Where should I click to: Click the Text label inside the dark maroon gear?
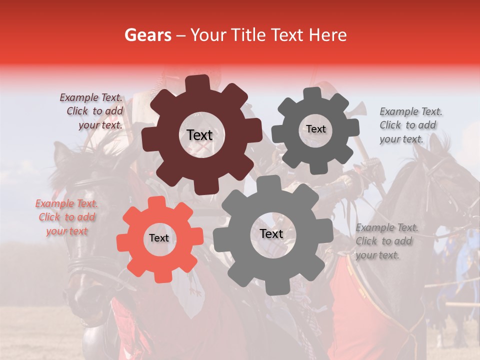point(199,135)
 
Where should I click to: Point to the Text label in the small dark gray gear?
point(315,129)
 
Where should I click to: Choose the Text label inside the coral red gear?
point(159,238)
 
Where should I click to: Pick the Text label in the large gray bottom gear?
point(271,234)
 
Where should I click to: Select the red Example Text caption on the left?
point(66,217)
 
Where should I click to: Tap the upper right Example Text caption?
point(410,125)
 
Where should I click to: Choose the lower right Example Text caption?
point(386,241)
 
